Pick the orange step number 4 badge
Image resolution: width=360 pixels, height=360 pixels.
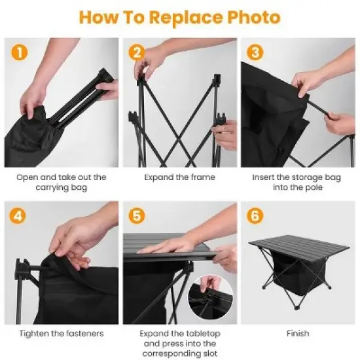coord(20,215)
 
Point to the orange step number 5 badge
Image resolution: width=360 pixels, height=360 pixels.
coord(137,215)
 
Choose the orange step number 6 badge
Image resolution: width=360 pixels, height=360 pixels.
coord(255,215)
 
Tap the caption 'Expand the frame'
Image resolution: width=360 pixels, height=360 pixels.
coord(179,177)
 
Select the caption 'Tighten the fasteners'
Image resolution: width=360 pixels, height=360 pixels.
coord(62,333)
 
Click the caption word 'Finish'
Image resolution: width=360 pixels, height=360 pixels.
coord(297,333)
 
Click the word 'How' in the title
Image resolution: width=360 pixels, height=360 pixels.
coord(99,17)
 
